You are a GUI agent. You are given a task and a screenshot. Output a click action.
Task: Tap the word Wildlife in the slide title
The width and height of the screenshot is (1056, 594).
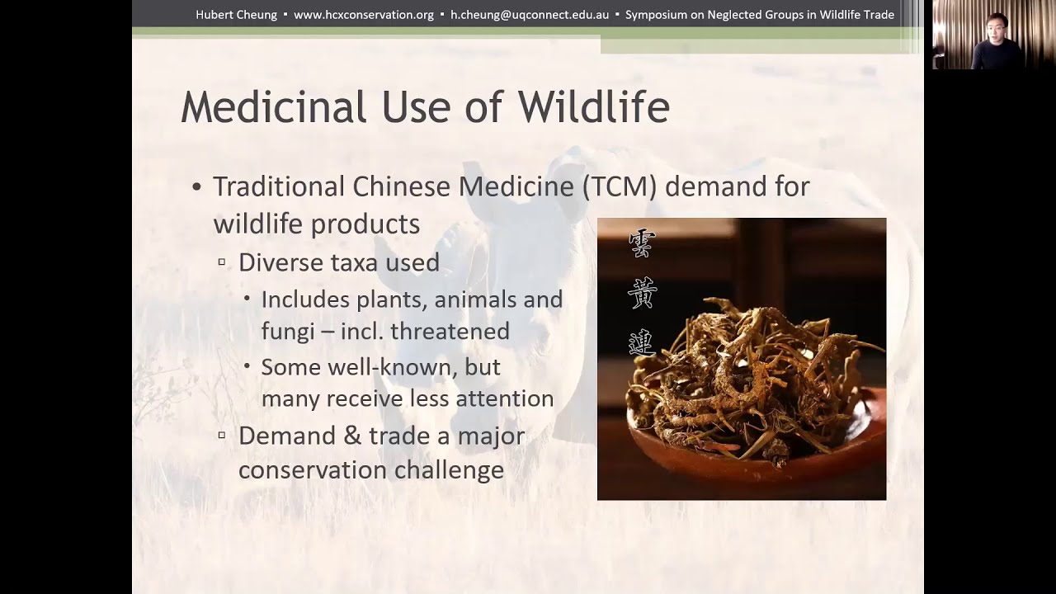(x=593, y=108)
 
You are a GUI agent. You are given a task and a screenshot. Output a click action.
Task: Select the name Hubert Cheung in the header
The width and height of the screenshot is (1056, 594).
(x=236, y=15)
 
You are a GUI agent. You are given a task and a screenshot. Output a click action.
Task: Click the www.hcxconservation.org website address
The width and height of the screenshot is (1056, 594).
(x=363, y=15)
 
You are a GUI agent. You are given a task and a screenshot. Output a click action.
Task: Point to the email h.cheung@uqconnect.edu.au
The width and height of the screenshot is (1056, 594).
(x=530, y=15)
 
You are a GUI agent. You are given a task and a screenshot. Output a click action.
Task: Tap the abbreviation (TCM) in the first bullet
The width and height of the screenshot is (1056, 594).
(x=619, y=186)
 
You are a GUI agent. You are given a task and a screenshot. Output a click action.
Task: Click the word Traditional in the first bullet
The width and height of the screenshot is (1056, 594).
(x=279, y=186)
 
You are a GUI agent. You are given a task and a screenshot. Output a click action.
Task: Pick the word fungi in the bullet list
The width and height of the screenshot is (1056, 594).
(x=288, y=332)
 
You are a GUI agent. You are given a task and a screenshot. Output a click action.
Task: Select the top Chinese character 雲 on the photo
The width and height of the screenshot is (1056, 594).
(x=642, y=243)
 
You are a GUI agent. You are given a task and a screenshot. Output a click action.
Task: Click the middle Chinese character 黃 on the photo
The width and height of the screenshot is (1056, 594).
(x=642, y=294)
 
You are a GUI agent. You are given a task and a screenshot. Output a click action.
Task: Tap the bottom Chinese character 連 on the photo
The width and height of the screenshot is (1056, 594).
(x=642, y=342)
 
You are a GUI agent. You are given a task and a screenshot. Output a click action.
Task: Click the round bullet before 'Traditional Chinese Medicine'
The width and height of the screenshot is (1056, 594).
(x=196, y=187)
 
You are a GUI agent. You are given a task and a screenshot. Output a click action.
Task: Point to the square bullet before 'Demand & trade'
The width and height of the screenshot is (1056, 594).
(x=222, y=435)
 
